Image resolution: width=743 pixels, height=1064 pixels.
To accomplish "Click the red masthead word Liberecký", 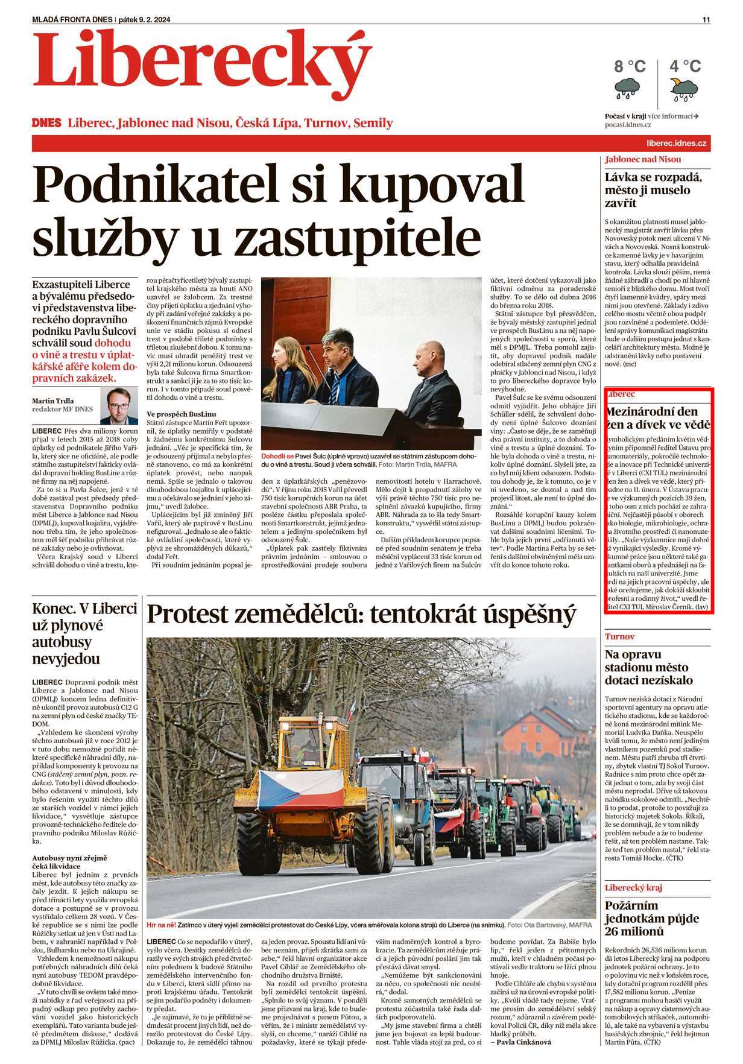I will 202,60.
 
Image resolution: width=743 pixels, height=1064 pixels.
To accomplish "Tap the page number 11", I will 706,19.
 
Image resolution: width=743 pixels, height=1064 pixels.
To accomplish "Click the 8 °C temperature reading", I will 630,66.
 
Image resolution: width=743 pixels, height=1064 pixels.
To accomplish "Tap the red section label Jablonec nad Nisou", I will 643,159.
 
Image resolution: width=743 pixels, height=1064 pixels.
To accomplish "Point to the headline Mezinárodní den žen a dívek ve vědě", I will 657,419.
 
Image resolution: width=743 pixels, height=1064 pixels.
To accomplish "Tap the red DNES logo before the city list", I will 47,122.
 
